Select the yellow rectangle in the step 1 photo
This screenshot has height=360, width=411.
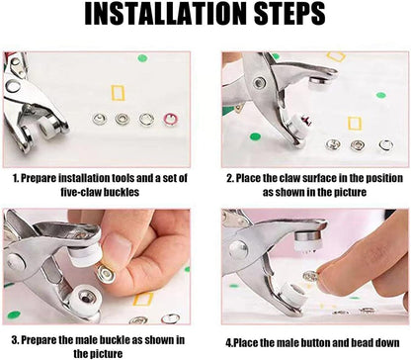123,94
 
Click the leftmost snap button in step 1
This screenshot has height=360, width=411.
99,120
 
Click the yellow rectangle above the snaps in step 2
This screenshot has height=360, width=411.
337,58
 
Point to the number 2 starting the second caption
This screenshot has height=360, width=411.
228,179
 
